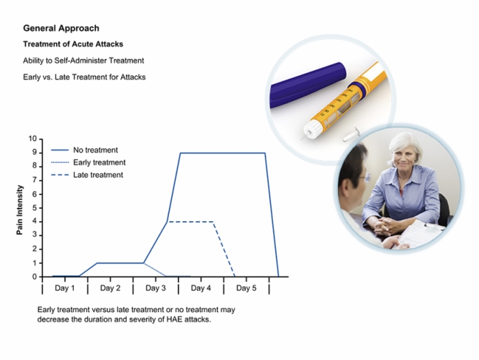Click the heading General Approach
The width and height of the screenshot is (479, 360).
[x=61, y=29]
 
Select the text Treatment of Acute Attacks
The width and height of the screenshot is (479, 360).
[x=73, y=44]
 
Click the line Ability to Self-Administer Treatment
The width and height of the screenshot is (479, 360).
[x=83, y=60]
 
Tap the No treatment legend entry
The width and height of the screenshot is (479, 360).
[x=84, y=150]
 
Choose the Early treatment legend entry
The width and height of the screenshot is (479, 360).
[x=88, y=163]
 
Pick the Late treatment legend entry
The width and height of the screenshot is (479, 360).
[x=87, y=175]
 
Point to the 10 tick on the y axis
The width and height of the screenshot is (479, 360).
[x=32, y=139]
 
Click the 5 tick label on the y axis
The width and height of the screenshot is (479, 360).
[x=34, y=208]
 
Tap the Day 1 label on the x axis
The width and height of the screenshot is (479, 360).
[x=65, y=288]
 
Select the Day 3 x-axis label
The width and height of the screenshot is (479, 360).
[x=155, y=288]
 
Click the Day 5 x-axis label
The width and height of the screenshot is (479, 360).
[x=246, y=288]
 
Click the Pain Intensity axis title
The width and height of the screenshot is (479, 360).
[x=20, y=210]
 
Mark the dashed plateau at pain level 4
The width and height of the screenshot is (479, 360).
[x=191, y=222]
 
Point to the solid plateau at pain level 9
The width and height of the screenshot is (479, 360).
[x=222, y=153]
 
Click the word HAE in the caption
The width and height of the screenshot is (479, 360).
[x=174, y=320]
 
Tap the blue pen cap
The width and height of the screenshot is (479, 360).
[x=308, y=84]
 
